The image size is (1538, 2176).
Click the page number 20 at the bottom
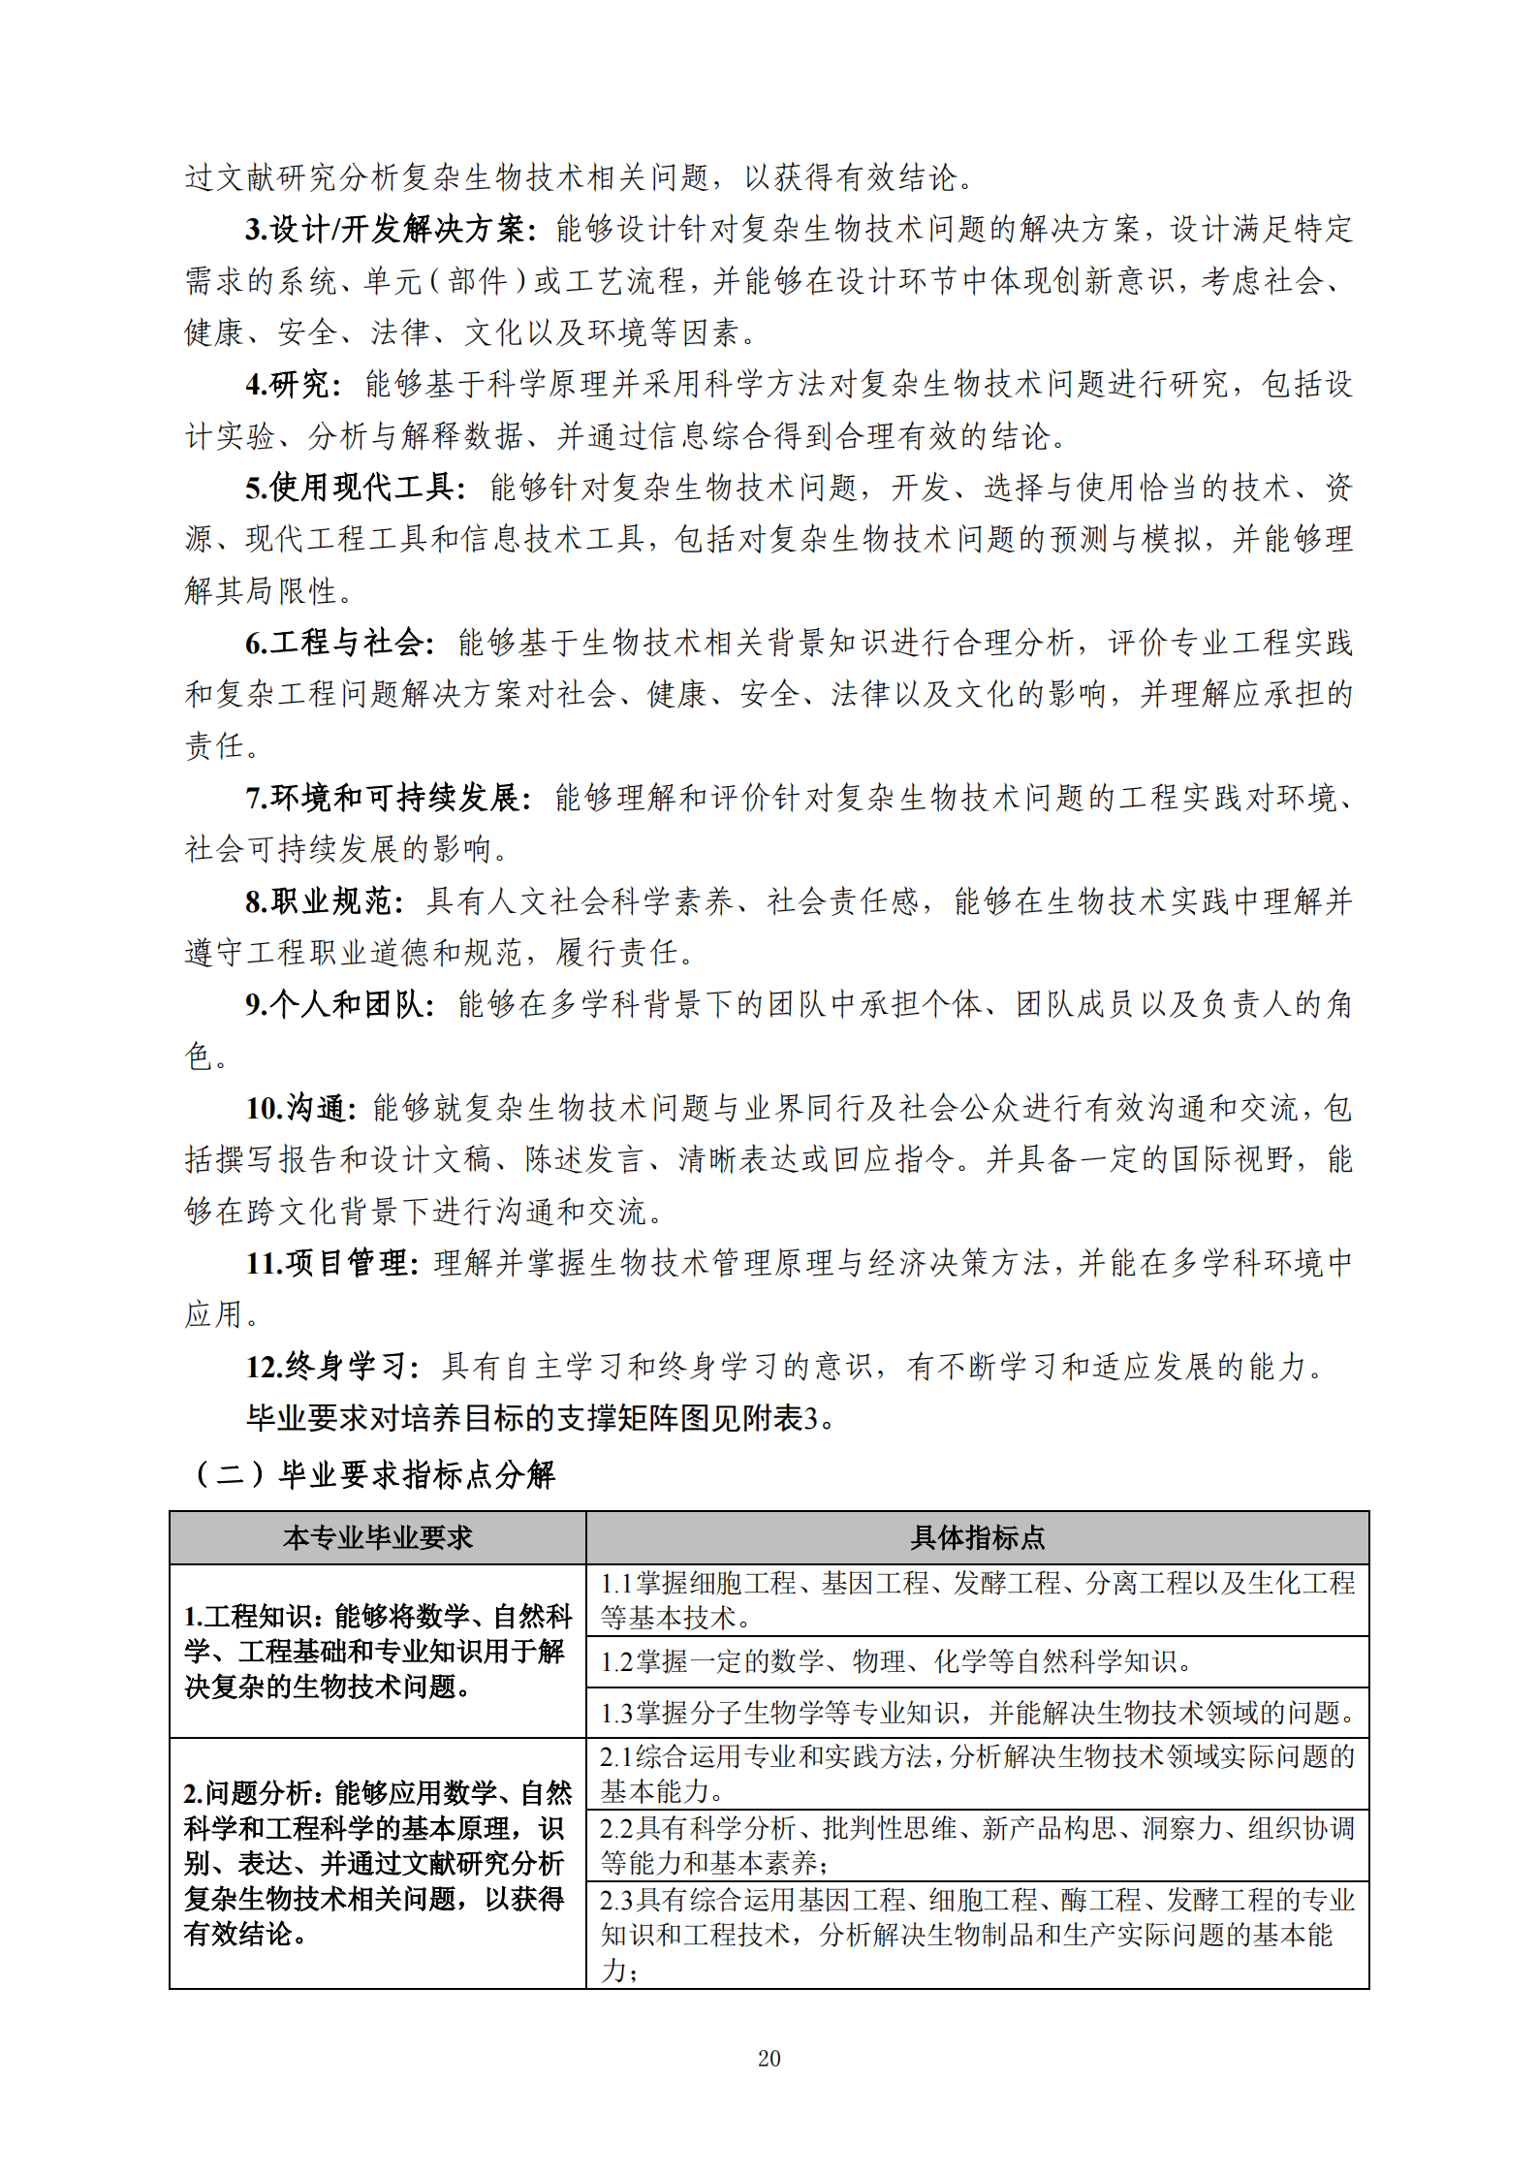[769, 2058]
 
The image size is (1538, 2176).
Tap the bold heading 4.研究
[293, 385]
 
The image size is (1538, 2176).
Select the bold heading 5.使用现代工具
[356, 488]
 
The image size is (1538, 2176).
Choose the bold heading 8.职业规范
[324, 901]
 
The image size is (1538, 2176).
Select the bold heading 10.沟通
[301, 1108]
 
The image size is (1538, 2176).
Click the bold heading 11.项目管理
[331, 1263]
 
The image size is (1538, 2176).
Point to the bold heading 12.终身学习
[331, 1367]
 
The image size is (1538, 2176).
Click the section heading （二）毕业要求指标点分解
[374, 1474]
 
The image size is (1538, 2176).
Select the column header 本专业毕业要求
[378, 1537]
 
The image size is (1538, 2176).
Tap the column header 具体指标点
[977, 1537]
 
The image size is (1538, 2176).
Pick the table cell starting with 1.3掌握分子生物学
[977, 1713]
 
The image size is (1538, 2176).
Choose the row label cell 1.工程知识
[378, 1651]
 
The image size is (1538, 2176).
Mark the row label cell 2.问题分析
[378, 1863]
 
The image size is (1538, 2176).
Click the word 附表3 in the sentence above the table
[782, 1419]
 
